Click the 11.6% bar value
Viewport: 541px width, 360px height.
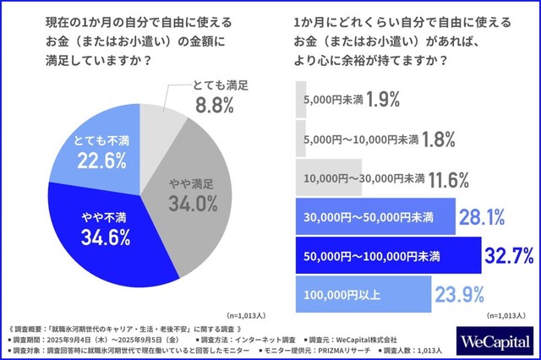click(456, 178)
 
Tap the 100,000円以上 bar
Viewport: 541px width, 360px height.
click(363, 294)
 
